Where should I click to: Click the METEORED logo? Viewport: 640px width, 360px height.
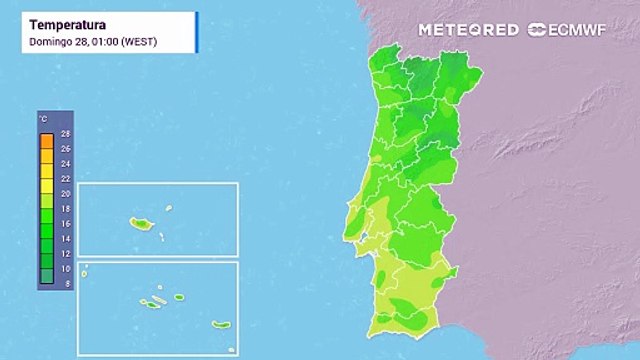[x=469, y=30]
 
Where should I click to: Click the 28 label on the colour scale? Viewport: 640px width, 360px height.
[x=64, y=133]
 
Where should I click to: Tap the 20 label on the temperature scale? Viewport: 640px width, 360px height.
[x=64, y=193]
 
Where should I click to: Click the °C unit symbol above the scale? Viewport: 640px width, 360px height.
[x=43, y=119]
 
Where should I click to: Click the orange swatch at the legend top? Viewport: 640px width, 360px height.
[x=45, y=140]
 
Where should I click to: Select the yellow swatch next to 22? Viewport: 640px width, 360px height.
[x=45, y=178]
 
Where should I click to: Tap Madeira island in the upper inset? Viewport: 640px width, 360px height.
[x=138, y=222]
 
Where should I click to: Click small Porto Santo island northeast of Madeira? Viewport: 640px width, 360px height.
[x=170, y=208]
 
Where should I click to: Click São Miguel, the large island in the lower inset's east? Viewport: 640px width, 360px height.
[x=221, y=325]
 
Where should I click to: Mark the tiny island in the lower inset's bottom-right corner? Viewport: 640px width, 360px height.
[x=230, y=349]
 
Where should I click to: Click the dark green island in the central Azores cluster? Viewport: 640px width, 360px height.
[x=158, y=301]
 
